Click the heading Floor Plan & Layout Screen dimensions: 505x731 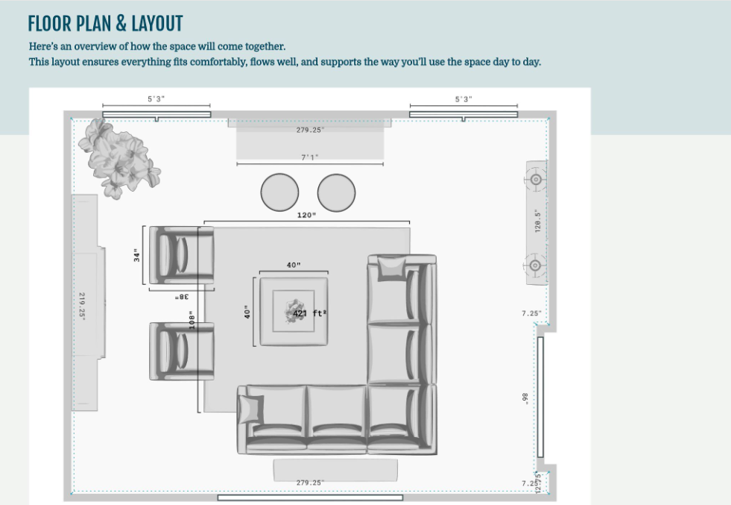(x=105, y=23)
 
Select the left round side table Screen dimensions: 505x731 (x=279, y=192)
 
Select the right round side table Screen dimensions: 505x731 (x=336, y=192)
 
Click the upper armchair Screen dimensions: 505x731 (x=181, y=255)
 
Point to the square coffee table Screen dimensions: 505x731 (x=293, y=311)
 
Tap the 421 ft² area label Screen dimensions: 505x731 (x=309, y=313)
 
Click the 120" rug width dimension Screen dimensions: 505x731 (x=306, y=216)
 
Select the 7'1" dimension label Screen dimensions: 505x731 (x=309, y=157)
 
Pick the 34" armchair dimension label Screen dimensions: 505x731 (x=137, y=256)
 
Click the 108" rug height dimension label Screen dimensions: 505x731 (x=192, y=320)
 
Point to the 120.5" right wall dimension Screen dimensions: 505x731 (x=537, y=221)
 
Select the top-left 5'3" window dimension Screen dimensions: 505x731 (x=156, y=99)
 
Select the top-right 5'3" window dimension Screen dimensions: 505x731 (x=463, y=99)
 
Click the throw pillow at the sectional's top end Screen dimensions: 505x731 (x=391, y=269)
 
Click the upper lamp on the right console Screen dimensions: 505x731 (x=535, y=179)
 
